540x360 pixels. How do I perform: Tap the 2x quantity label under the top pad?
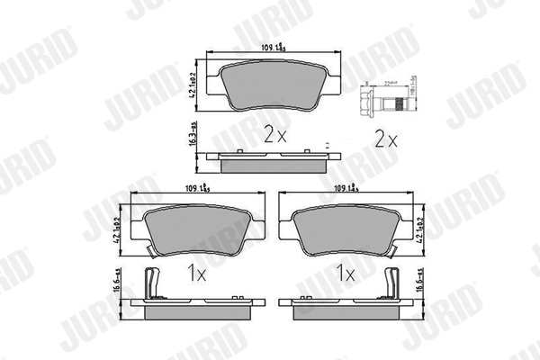[x=274, y=136]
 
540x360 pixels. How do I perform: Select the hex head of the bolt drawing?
[x=367, y=98]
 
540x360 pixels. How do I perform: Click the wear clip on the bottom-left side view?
[x=152, y=283]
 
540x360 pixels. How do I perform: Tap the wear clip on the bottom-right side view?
[x=392, y=283]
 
